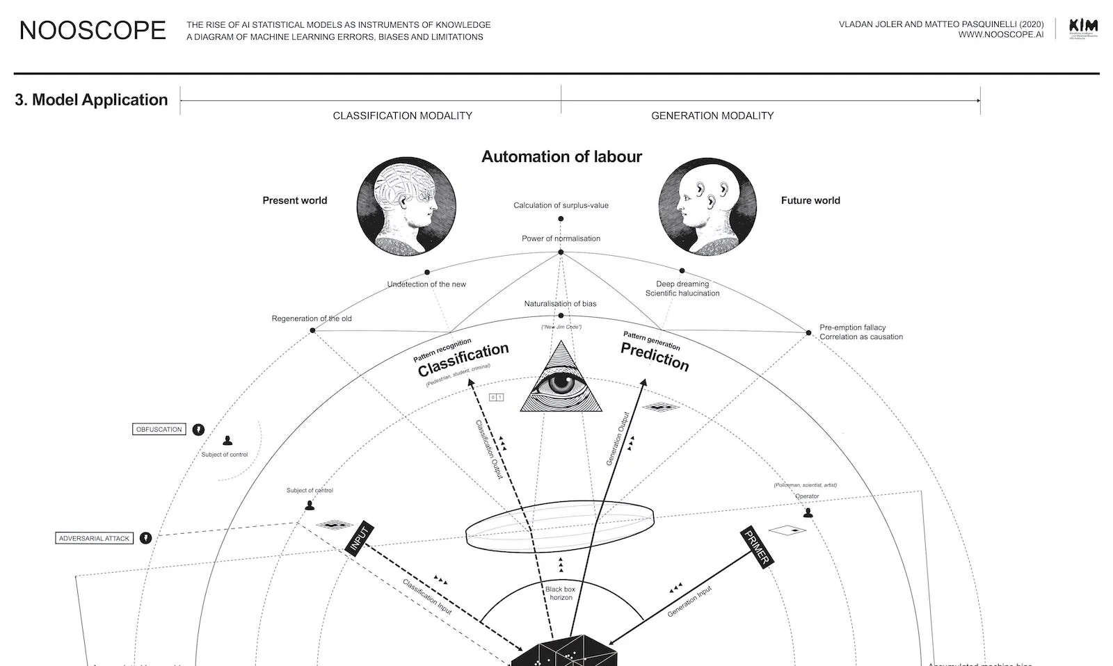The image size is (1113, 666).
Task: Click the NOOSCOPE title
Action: pos(93,31)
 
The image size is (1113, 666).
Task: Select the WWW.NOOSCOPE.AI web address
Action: pos(1000,35)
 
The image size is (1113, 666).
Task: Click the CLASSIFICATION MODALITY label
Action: pos(402,115)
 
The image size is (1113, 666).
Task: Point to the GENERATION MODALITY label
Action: pos(712,115)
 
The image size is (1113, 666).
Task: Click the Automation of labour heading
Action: pos(561,157)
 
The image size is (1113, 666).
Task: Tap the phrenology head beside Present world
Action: pos(406,206)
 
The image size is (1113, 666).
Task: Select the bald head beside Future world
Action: pos(707,206)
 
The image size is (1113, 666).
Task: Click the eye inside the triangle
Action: pos(561,383)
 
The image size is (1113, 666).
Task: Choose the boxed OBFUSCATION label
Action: pos(159,430)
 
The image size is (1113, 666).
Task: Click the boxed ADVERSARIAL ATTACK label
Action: pos(94,538)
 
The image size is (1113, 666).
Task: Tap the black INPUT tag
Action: pos(360,538)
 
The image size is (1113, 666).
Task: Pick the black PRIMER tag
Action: pos(756,547)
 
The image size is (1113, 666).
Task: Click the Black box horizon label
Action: pos(561,593)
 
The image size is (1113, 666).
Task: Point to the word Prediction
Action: pos(655,357)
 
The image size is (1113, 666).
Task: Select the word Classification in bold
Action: pos(463,359)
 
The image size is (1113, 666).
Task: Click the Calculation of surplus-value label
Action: pos(561,205)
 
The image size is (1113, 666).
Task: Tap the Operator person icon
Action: pos(808,513)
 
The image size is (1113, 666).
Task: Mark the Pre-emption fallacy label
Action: pos(852,327)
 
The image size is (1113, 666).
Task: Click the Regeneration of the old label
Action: pos(312,318)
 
